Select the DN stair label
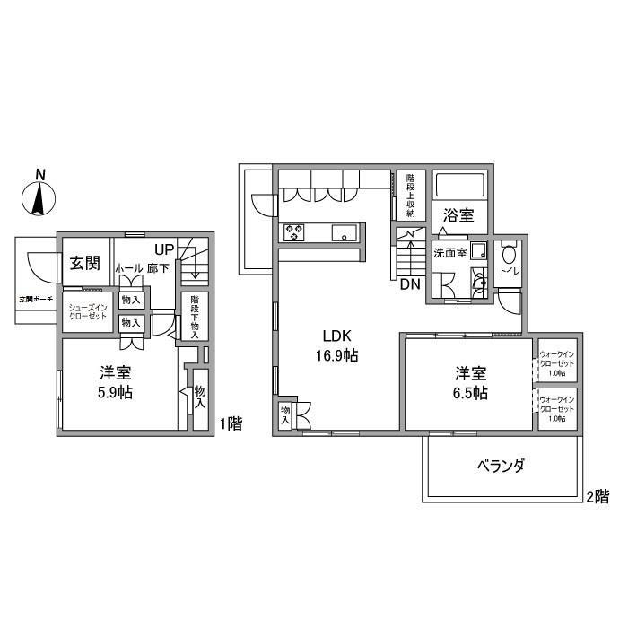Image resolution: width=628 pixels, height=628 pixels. click(410, 285)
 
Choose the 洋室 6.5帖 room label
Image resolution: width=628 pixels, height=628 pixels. click(469, 384)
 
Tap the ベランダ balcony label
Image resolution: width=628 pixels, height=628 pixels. click(500, 466)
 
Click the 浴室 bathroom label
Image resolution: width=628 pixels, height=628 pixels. click(459, 216)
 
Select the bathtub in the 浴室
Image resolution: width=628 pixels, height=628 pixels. click(460, 187)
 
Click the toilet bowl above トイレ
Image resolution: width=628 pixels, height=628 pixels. click(509, 253)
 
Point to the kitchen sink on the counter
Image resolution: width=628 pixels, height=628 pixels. click(345, 233)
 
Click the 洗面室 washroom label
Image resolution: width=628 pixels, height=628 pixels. click(449, 252)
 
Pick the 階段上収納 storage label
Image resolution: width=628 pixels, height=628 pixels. click(410, 194)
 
